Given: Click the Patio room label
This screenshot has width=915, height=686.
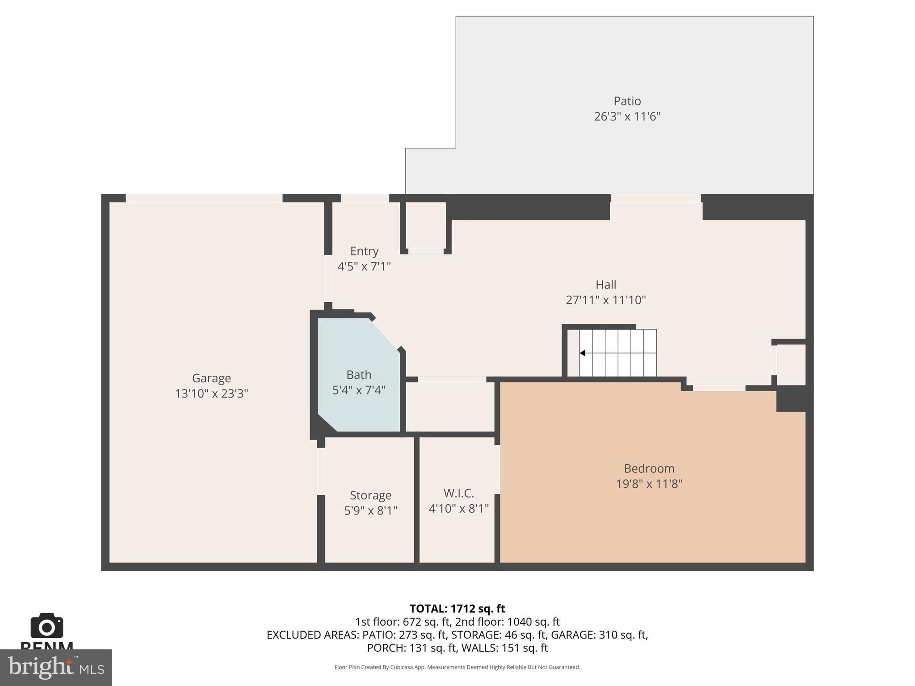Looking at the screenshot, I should pos(627,101).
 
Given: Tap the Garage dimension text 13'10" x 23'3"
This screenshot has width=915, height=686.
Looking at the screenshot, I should pos(211,393).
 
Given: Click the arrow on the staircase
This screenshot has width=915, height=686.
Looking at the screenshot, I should pos(583,353).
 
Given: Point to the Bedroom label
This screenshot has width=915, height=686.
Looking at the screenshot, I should pos(649,468).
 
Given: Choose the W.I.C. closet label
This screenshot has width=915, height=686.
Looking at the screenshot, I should pos(458,493).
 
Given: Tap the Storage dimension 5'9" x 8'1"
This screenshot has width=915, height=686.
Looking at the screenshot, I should pos(370,510).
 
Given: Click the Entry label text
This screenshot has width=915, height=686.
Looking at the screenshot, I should pos(364,251).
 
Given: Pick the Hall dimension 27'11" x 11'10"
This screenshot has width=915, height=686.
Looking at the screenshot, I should pos(605,300).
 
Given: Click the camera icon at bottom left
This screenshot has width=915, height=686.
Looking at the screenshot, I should pos(46,626).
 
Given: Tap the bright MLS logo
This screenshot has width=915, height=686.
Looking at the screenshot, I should pos(56,667).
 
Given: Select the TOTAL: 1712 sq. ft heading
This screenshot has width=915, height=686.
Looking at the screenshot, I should pos(457,609).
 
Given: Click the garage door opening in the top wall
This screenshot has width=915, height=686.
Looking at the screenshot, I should pos(204,198).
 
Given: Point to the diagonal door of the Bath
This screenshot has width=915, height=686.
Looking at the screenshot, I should pos(386,333).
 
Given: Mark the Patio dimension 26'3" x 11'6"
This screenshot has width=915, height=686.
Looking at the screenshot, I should pos(627,117).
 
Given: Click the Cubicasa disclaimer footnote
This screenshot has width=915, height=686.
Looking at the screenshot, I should pos(457,667).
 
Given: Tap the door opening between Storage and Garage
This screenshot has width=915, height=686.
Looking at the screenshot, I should pos(321,471).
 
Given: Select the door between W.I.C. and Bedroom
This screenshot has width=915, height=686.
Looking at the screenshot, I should pos(497,469).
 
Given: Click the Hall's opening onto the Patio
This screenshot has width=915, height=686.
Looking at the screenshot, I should pos(655,198).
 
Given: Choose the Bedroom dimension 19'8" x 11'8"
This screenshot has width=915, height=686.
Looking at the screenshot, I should pos(649,484).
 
